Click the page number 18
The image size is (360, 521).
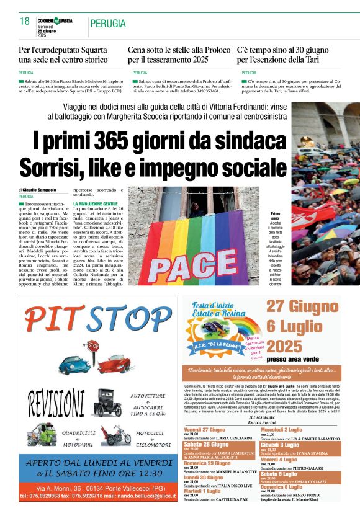[x=25, y=22]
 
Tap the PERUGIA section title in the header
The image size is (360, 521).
[x=108, y=24]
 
